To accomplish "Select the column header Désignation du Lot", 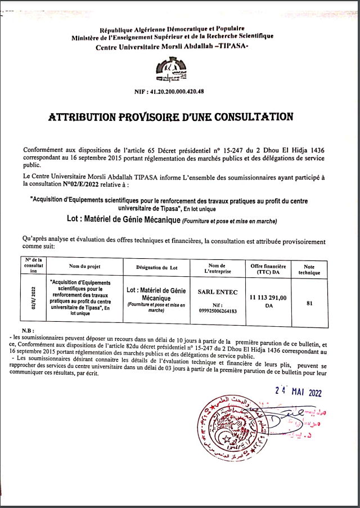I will click(x=157, y=267).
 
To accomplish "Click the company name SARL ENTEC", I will click(x=217, y=293).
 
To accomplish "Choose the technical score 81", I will click(x=309, y=303).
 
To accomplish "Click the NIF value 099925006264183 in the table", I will click(x=217, y=311).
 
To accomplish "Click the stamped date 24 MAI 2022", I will click(x=299, y=393).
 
